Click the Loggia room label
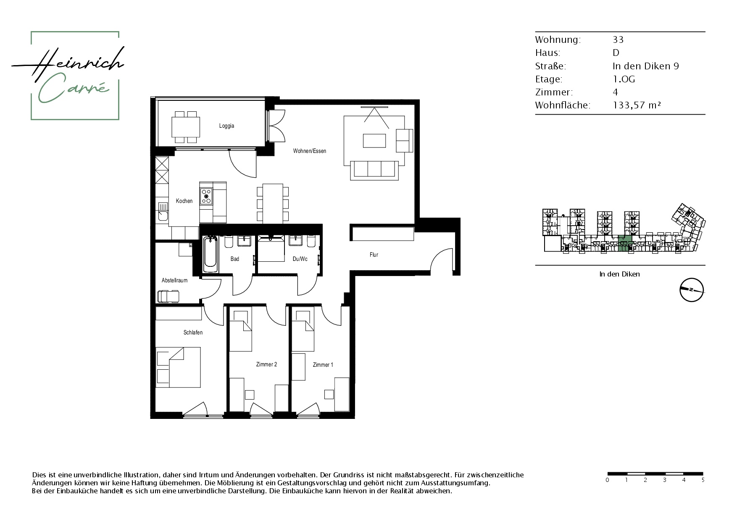[226, 126]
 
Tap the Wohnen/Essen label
[310, 151]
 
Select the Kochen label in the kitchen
[184, 201]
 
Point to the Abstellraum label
[174, 280]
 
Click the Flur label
[374, 255]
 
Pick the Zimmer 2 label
[266, 364]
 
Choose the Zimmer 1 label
[323, 365]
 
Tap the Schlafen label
[193, 332]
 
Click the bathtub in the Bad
[211, 254]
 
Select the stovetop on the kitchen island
[206, 196]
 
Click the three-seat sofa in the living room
[374, 170]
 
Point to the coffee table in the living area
[374, 140]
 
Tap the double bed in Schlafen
[178, 367]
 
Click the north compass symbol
[692, 290]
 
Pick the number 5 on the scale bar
[703, 480]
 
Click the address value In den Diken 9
[646, 66]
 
